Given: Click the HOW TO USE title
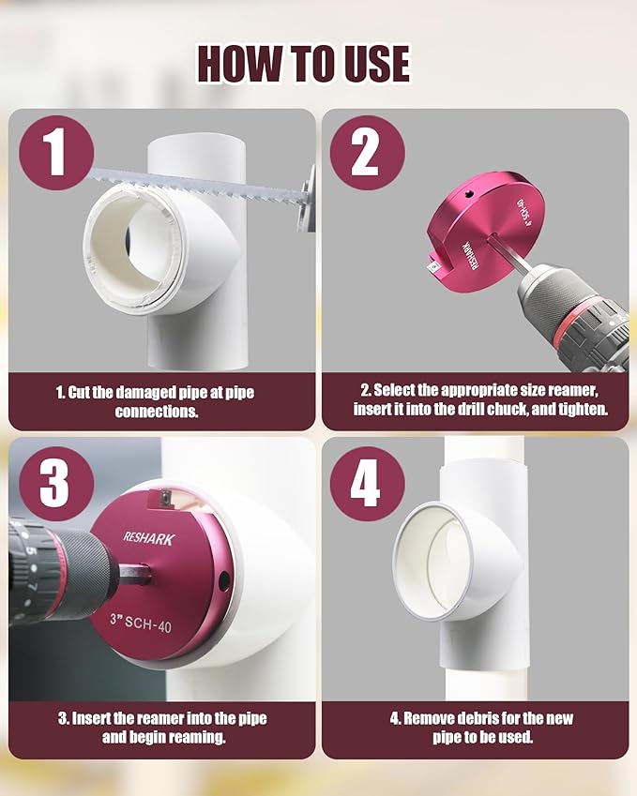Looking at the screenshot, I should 303,64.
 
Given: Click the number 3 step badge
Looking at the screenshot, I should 54,484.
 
